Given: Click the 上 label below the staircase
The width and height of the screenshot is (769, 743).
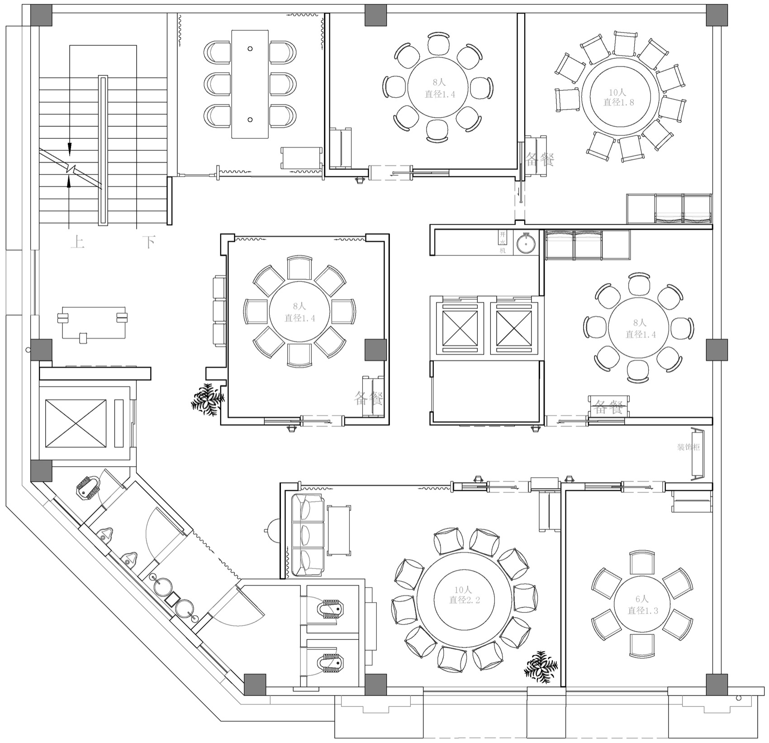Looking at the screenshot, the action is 77,242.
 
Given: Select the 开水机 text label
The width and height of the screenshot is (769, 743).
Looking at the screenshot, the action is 503,243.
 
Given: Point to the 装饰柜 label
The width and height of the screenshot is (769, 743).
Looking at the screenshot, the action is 688,447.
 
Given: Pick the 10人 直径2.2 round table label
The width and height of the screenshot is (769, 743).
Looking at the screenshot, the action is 464,595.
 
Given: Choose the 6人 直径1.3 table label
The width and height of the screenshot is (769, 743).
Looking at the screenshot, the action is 642,605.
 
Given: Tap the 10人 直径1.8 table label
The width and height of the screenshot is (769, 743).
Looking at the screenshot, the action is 618,97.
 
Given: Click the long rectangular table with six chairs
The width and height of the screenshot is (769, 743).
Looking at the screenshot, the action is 250,84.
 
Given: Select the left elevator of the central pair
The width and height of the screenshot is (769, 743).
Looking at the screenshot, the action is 460,326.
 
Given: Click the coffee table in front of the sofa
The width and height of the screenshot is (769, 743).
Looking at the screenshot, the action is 339,530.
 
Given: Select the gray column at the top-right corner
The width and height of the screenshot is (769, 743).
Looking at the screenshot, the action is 717,15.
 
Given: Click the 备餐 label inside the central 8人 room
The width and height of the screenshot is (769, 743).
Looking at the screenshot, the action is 369,398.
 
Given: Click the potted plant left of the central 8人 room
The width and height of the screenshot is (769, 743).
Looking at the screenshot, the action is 208,399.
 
